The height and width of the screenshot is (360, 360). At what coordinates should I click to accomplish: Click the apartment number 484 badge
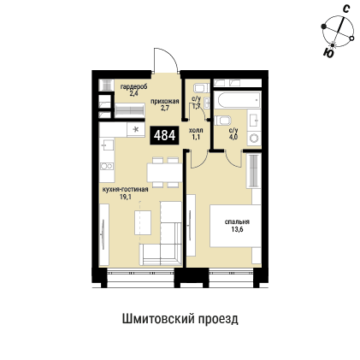[x=165, y=134]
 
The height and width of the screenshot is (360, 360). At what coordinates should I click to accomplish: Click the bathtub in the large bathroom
[x=236, y=100]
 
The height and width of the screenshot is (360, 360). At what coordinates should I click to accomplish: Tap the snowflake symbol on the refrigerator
[x=135, y=128]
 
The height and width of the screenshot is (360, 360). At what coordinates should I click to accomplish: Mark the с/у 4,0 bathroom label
[x=233, y=134]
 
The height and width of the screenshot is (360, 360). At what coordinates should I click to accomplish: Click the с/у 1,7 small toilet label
[x=197, y=101]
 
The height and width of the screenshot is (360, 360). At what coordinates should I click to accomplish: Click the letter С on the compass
[x=345, y=9]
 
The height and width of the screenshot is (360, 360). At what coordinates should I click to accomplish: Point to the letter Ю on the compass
[x=328, y=52]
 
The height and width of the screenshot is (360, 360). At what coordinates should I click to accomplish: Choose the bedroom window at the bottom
[x=230, y=274]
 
